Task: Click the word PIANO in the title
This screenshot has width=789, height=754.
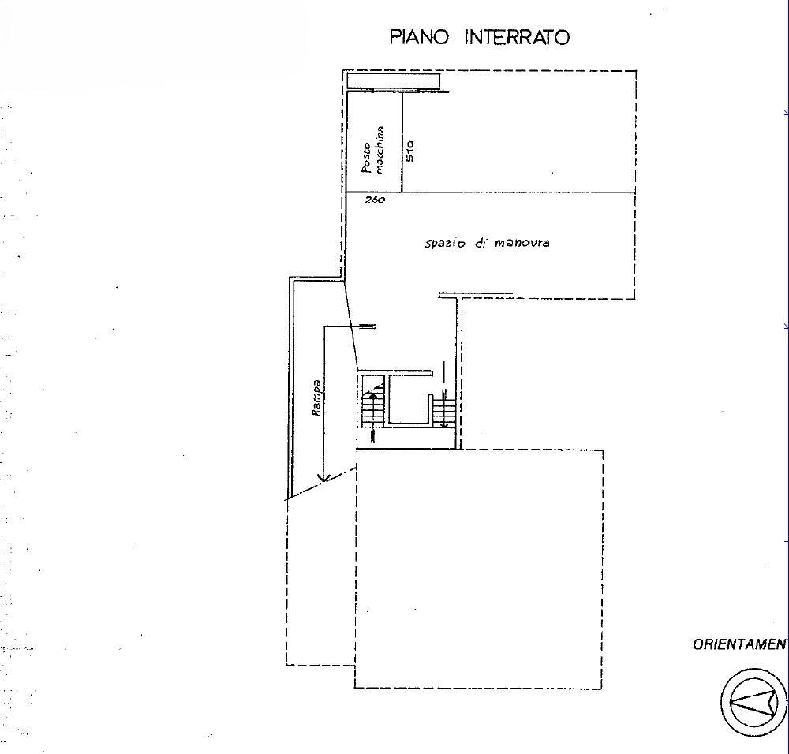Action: pos(419,37)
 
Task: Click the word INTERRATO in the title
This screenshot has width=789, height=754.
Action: pos(518,37)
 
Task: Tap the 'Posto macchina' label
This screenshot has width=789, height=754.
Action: pos(373,150)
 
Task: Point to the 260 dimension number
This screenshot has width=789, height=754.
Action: pos(375,200)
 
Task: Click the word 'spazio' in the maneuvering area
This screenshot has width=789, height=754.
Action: pos(445,244)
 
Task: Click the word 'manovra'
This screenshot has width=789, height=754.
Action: pos(522,243)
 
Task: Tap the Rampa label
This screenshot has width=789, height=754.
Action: pos(317,398)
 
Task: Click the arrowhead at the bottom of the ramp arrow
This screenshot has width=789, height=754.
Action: pos(324,476)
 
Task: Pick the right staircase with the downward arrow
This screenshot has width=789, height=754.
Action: pos(444,408)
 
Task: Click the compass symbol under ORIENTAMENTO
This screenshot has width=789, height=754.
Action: pos(753,702)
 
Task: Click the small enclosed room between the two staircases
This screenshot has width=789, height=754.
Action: pos(408,400)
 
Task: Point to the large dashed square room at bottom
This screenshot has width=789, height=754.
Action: pos(479,569)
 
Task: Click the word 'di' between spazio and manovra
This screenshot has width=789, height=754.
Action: pos(479,243)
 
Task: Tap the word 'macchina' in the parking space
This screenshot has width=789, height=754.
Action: pos(380,150)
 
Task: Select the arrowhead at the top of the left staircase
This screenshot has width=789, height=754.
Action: pos(373,394)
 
